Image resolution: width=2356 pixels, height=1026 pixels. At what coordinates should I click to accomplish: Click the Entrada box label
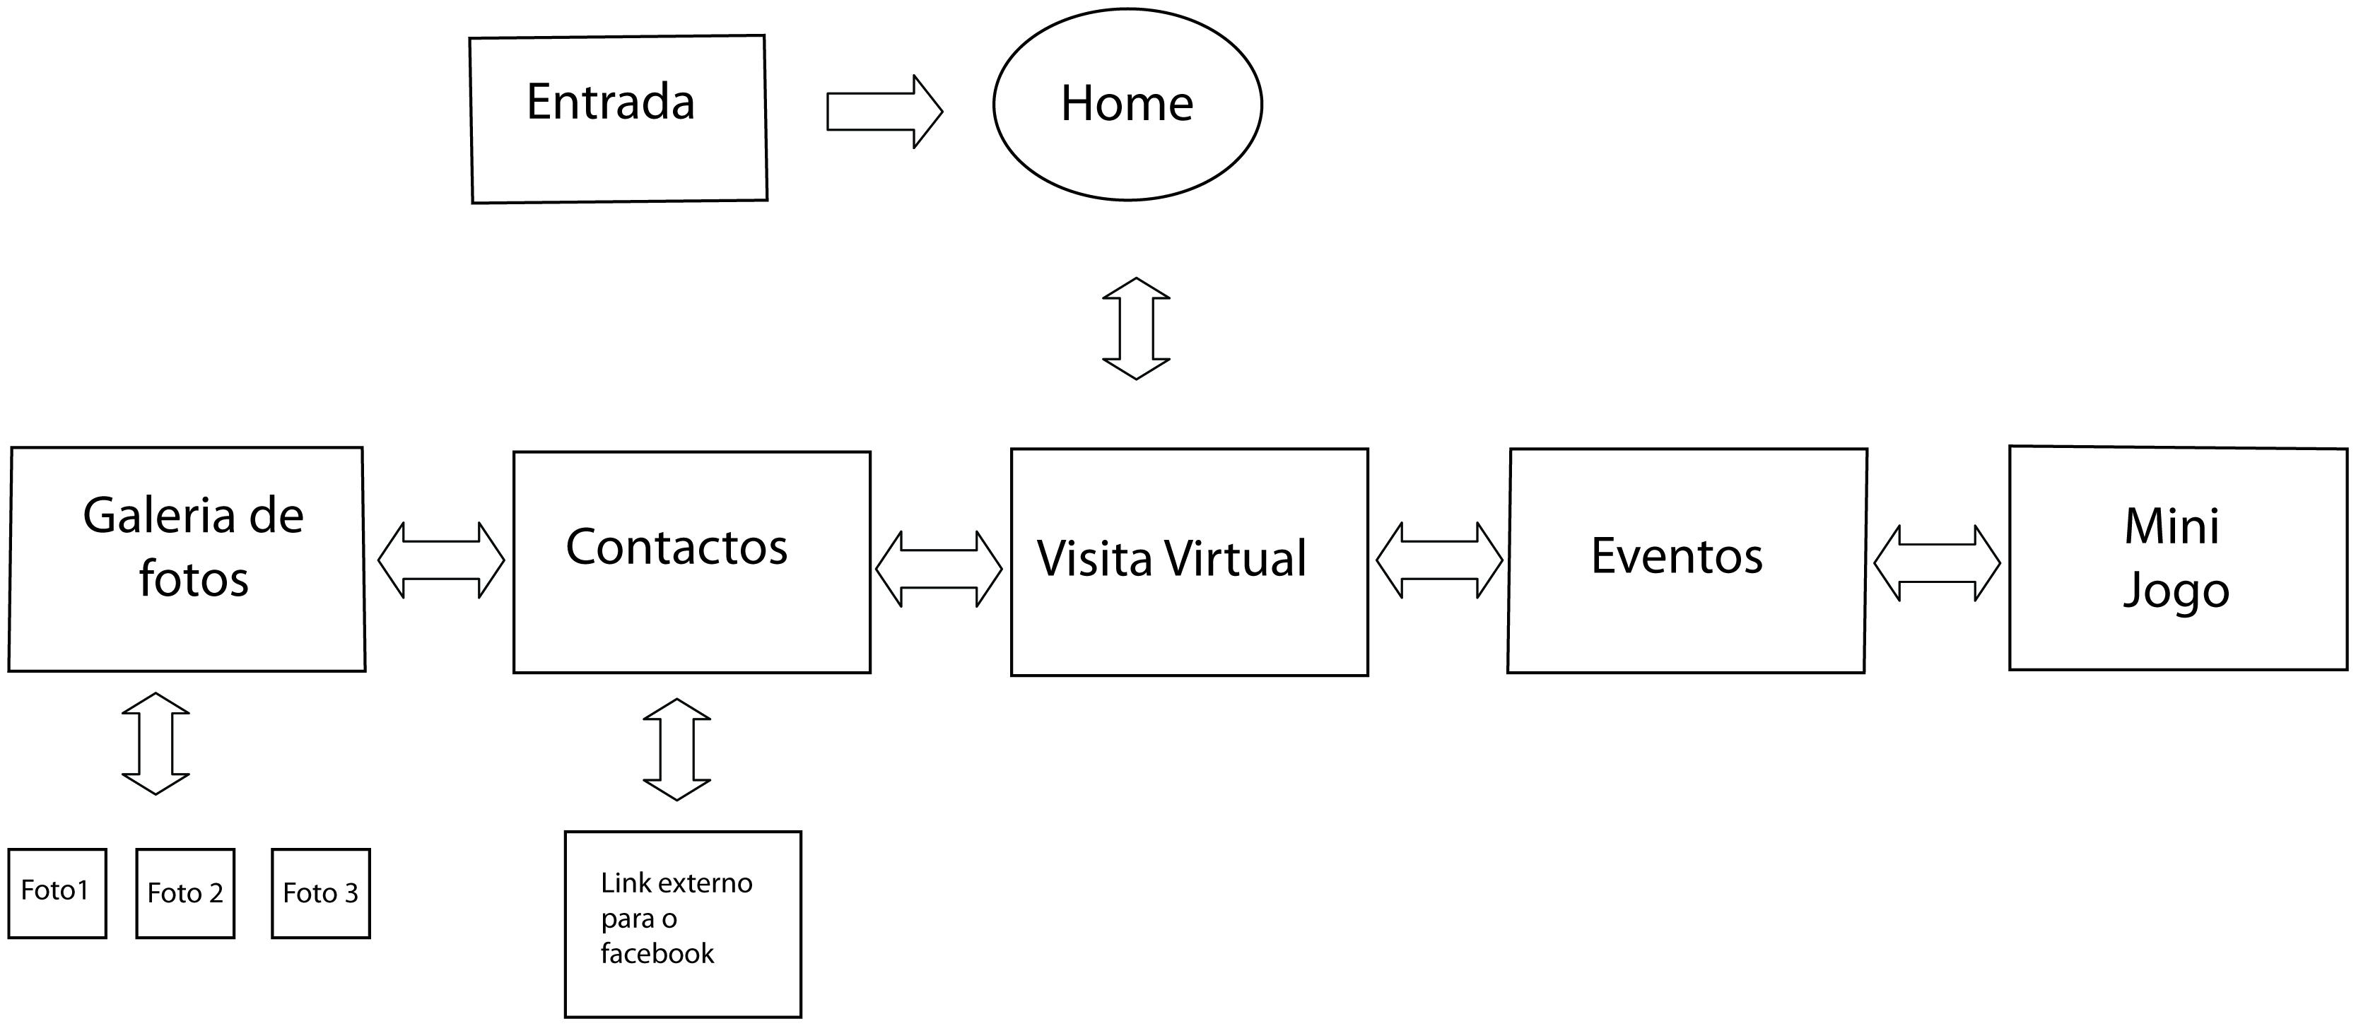[610, 102]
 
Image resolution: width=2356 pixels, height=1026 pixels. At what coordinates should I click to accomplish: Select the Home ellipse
[1127, 105]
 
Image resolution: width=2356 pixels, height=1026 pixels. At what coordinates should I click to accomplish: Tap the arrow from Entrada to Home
[884, 112]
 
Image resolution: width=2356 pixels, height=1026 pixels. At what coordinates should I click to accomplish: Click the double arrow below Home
[1136, 329]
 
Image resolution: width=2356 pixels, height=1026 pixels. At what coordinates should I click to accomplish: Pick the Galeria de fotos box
[187, 559]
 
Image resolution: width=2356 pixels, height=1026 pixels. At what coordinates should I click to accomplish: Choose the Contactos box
[691, 562]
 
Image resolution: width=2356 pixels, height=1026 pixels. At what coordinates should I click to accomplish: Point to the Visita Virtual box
[1189, 562]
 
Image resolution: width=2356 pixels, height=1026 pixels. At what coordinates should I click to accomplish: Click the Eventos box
[1687, 560]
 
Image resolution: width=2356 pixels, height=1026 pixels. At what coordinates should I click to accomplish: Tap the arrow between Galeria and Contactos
[441, 560]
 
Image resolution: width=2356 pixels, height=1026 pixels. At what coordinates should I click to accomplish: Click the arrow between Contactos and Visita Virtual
[939, 569]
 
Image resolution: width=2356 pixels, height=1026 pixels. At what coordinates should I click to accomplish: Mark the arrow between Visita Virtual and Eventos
[1438, 560]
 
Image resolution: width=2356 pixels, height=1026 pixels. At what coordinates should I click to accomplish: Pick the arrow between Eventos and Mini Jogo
[1936, 562]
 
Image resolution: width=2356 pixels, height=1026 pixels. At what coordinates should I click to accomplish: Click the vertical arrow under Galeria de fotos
[156, 743]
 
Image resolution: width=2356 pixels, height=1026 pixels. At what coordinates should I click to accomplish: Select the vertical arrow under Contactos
[676, 749]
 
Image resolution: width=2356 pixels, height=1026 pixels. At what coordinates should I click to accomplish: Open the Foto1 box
[57, 892]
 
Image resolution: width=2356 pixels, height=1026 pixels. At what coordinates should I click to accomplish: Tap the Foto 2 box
[184, 893]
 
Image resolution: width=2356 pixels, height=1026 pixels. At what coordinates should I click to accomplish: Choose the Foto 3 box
[320, 893]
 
